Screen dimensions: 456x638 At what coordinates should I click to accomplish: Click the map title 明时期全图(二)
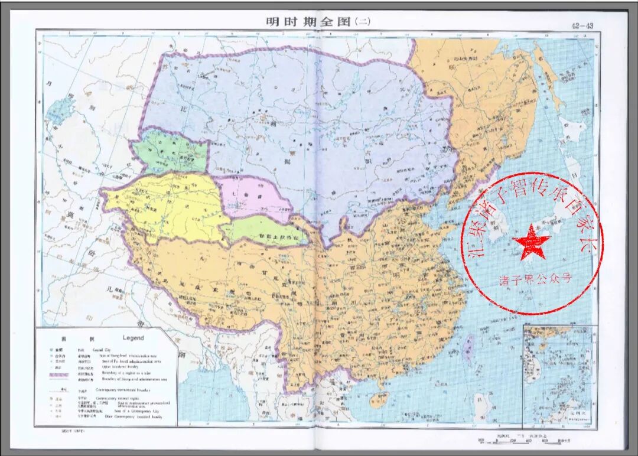[318, 22]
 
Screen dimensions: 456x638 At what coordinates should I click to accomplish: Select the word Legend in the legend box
[133, 338]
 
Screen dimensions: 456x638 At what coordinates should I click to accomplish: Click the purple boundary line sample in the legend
[59, 374]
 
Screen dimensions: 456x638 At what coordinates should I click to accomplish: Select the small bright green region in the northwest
[169, 154]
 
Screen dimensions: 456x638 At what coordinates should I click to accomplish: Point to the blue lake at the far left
[58, 110]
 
